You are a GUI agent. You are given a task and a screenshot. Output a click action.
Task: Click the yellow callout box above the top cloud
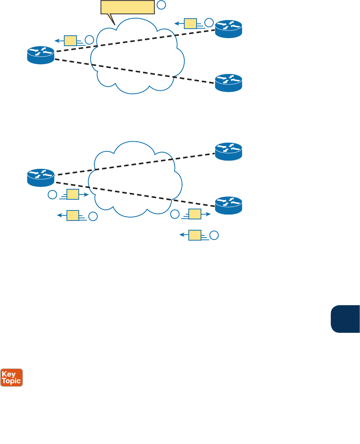point(127,7)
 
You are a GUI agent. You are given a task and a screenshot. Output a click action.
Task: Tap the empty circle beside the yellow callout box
point(161,5)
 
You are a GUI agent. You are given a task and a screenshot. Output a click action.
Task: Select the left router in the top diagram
point(41,55)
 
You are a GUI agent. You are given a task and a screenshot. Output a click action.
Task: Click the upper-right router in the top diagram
point(228,29)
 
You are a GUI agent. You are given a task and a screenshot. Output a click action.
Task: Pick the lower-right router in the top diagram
point(228,83)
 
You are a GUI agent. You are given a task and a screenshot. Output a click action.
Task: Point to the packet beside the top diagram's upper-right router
point(190,23)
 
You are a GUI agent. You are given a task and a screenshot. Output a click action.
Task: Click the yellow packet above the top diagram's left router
point(70,40)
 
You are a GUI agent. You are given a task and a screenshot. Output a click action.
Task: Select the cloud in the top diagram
point(137,56)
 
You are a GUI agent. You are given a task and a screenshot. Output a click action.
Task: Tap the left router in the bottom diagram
point(41,177)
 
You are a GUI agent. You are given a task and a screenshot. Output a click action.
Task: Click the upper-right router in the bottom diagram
point(228,151)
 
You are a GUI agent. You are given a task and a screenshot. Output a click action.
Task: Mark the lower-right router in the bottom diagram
point(228,205)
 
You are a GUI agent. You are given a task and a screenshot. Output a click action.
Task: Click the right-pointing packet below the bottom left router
point(73,194)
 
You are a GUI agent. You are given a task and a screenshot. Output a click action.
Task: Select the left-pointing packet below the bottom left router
point(73,215)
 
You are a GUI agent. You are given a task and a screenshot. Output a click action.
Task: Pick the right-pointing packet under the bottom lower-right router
point(195,214)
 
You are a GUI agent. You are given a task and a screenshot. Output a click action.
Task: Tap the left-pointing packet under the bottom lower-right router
point(195,235)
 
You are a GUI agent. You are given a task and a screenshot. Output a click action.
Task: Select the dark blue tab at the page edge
point(345,319)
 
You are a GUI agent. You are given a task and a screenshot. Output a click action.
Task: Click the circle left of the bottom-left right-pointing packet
point(52,194)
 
